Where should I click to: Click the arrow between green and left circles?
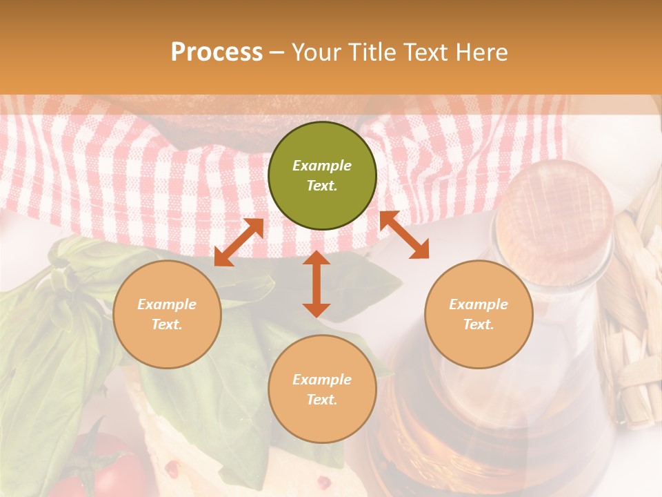tap(239, 243)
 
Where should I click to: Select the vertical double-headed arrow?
tap(317, 284)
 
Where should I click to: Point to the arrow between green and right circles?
tap(404, 235)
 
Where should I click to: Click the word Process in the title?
tap(217, 52)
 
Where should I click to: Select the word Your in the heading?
tap(316, 52)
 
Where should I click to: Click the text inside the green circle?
tap(322, 175)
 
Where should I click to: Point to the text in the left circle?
tap(167, 314)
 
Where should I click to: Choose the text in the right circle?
tap(479, 314)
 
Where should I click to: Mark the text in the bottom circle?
tap(322, 389)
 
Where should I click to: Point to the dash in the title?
tap(277, 52)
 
